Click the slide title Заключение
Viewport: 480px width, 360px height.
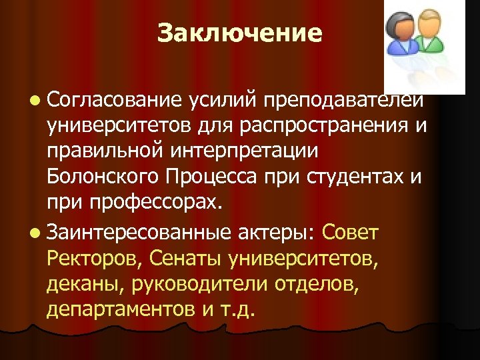(x=240, y=33)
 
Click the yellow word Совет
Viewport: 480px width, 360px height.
(x=350, y=233)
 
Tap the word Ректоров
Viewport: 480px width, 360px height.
(x=93, y=258)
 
